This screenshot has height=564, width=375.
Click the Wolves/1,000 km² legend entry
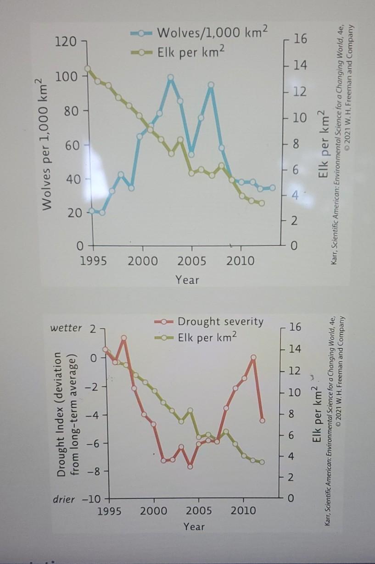pos(211,34)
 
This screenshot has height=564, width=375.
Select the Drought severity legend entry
pos(220,321)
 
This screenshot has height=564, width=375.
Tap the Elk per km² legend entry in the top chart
pos(190,53)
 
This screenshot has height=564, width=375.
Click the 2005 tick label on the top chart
pos(191,262)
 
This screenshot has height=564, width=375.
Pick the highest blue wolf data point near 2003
pos(171,78)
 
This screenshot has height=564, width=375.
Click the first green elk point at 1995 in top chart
pos(88,69)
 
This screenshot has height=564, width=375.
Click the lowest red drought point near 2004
pos(190,466)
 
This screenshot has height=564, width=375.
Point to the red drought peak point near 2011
pos(253,357)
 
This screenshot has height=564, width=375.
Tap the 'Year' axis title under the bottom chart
pos(194,526)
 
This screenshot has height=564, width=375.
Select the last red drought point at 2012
pos(262,420)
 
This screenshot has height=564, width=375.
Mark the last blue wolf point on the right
pos(272,188)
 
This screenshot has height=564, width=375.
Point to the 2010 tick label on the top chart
pos(240,262)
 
